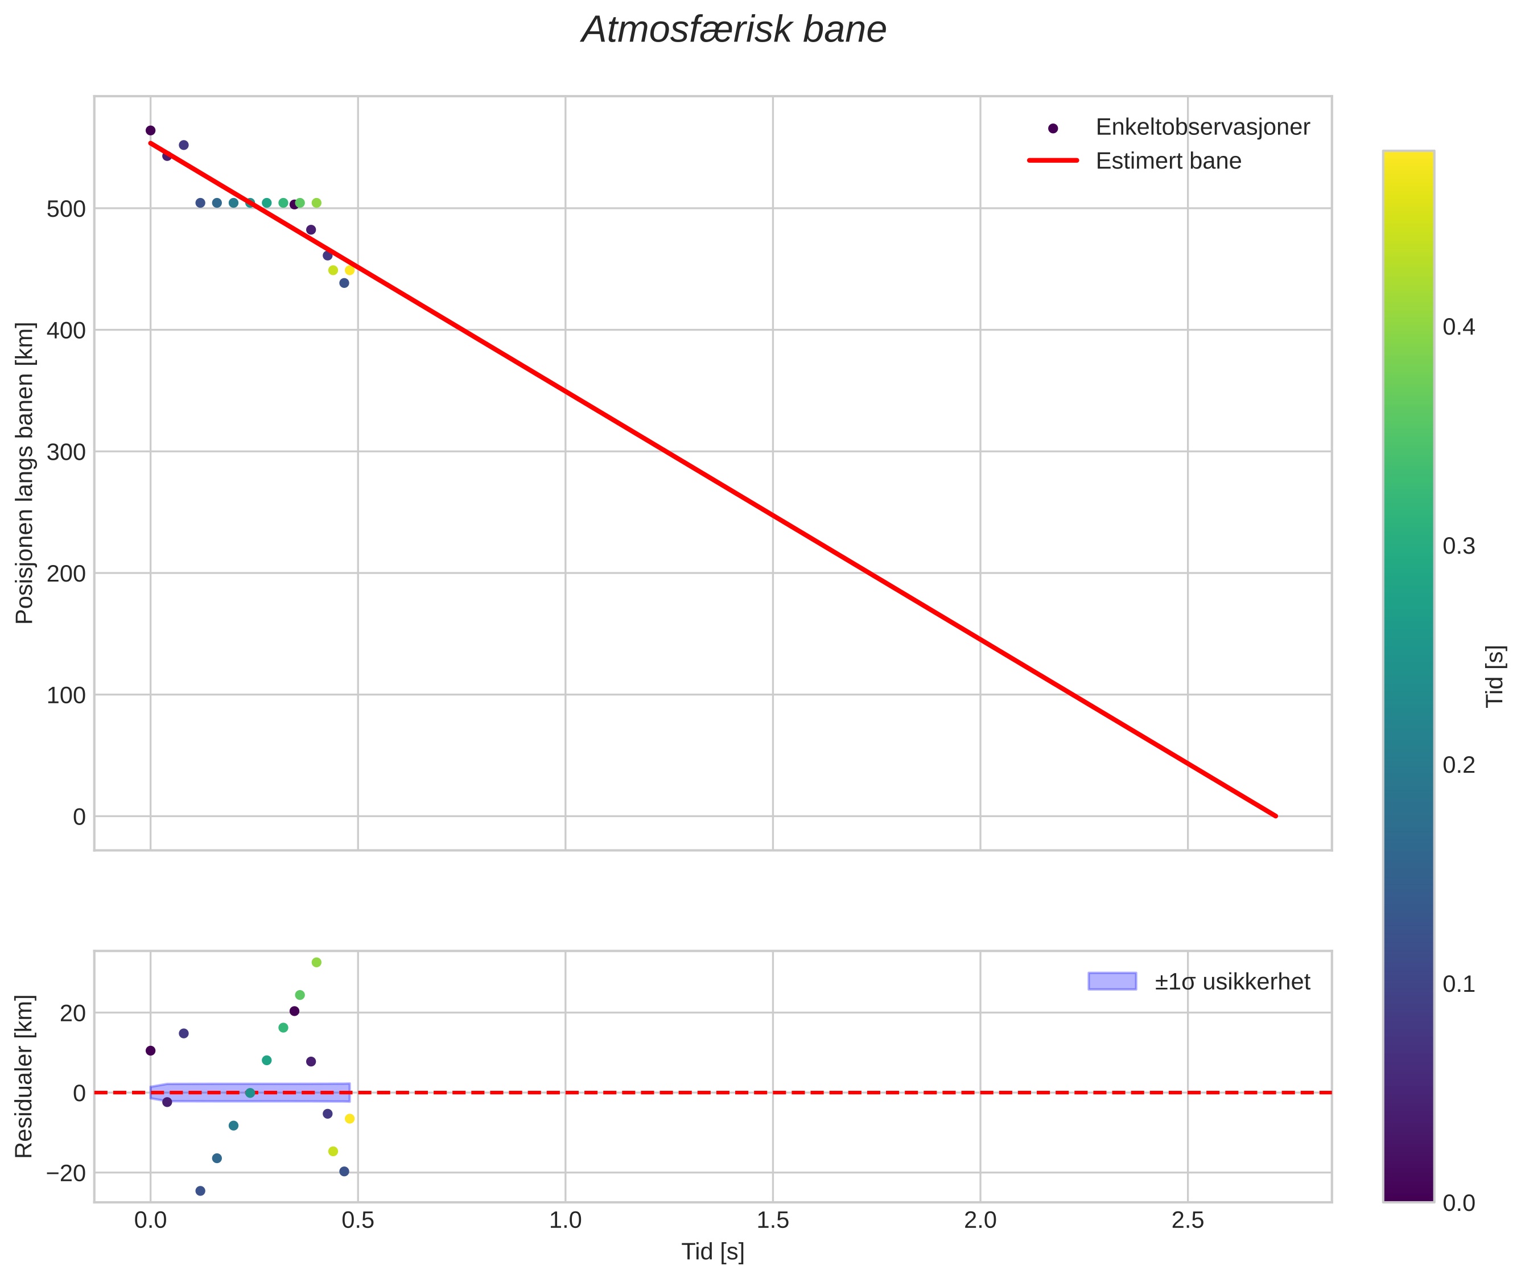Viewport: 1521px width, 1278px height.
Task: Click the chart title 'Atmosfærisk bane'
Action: (x=733, y=30)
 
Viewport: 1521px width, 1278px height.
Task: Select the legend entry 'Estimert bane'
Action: (x=1168, y=161)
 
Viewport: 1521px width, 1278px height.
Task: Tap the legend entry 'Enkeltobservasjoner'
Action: (x=1202, y=127)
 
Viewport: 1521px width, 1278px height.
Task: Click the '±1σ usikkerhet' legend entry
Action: (x=1232, y=982)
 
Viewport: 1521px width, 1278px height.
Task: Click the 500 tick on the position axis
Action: (x=66, y=209)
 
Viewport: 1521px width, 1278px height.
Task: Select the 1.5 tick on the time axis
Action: (x=773, y=1221)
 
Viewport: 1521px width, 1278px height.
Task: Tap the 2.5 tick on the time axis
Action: (x=1187, y=1221)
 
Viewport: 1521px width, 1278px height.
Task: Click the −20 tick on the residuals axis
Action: (x=66, y=1173)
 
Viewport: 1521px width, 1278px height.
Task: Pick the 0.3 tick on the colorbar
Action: (x=1458, y=546)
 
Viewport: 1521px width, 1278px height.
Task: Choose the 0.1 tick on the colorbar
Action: (x=1458, y=984)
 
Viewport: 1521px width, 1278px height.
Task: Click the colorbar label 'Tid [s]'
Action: (x=1495, y=676)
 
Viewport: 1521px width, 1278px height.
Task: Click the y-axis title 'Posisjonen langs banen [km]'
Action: (x=24, y=473)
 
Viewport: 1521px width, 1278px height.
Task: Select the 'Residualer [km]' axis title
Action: (x=24, y=1077)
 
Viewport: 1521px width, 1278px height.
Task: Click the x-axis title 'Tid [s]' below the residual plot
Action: (x=712, y=1252)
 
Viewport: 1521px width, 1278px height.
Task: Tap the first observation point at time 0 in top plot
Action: (x=151, y=130)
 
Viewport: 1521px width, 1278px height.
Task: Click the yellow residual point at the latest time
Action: (x=350, y=1119)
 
